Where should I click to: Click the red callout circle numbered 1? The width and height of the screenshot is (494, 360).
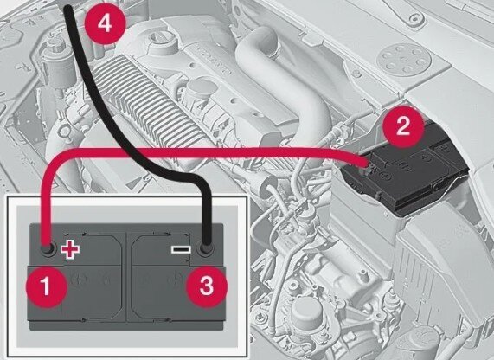tap(47, 286)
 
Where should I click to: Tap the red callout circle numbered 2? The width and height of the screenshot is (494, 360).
tap(403, 126)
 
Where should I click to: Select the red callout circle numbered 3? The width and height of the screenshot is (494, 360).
tap(207, 286)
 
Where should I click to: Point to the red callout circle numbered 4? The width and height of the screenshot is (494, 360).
tap(105, 23)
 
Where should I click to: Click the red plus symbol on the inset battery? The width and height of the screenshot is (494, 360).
tap(70, 249)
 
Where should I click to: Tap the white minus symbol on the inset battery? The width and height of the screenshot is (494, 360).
tap(181, 250)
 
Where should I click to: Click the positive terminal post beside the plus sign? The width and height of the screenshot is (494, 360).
tap(48, 249)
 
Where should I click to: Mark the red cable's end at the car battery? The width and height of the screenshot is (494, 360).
tap(367, 164)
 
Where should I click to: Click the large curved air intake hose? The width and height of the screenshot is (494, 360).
tap(276, 79)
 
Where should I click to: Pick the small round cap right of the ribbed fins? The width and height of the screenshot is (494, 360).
tap(201, 90)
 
